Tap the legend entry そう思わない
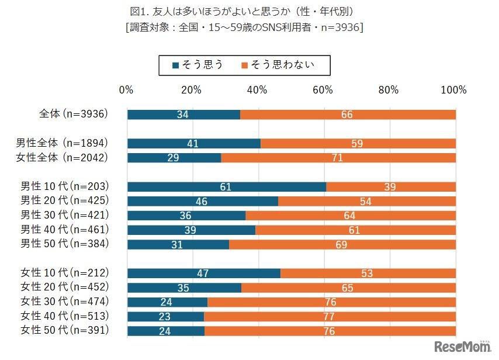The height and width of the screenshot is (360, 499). tap(278, 65)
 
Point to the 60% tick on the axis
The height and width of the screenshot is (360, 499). tap(323, 89)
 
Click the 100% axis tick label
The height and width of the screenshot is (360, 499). tap(454, 89)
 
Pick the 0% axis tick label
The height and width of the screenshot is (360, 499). tap(126, 89)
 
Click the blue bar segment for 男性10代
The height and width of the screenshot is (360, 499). tap(227, 187)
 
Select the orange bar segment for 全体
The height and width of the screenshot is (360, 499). tap(348, 115)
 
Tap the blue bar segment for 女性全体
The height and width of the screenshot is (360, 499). tap(174, 158)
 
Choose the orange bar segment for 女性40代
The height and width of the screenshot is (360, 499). tap(330, 317)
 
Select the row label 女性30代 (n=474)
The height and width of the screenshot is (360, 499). tap(65, 302)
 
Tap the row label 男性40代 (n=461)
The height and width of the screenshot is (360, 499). tap(65, 230)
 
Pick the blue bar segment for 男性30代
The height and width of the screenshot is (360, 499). tap(186, 216)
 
